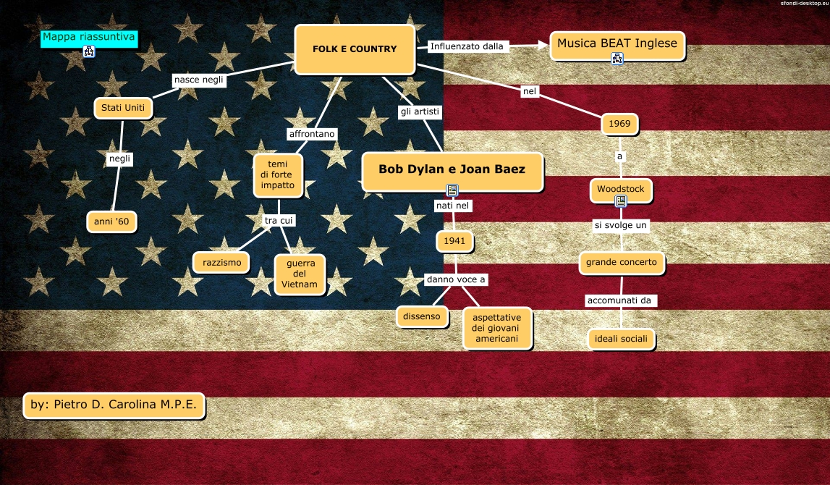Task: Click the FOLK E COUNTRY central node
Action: pos(355,49)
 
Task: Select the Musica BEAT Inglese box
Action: pos(617,43)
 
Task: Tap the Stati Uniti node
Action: pos(123,108)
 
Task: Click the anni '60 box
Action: pos(111,222)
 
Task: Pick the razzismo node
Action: pos(221,262)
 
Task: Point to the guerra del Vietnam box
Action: pos(300,274)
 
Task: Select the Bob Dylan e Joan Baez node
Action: pos(452,170)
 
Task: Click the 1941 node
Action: pos(454,241)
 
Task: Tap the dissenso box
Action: pos(422,316)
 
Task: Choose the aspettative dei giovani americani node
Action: pos(496,328)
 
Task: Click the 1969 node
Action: pos(619,124)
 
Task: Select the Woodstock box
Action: pos(621,190)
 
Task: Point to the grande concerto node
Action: pos(622,263)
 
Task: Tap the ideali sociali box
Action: pos(621,339)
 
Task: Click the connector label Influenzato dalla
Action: pos(467,46)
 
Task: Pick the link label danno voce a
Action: pos(456,279)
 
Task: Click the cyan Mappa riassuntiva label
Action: pos(89,38)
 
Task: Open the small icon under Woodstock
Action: pos(620,201)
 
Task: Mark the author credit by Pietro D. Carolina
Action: pos(114,405)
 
